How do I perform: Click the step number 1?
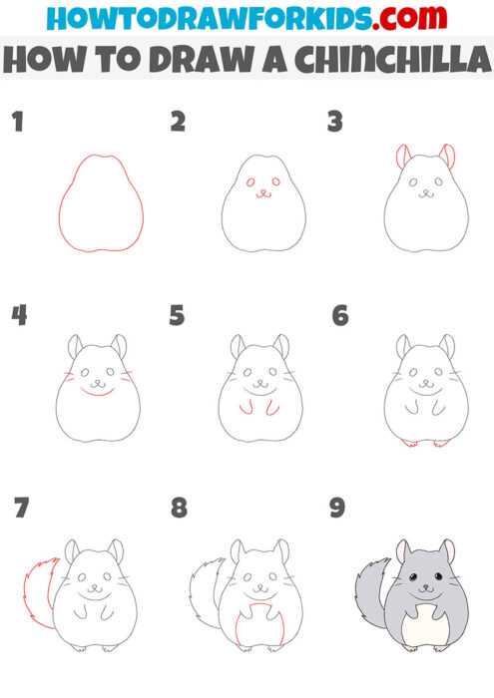(x=17, y=123)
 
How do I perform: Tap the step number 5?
(x=178, y=316)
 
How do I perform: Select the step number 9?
(x=337, y=509)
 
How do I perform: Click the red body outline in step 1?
(x=61, y=214)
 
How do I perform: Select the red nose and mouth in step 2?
(x=262, y=193)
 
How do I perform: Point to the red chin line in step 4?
(x=96, y=392)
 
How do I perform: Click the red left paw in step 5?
(x=244, y=407)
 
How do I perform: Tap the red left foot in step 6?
(x=408, y=442)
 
